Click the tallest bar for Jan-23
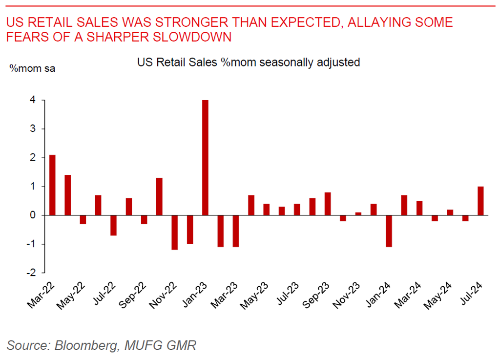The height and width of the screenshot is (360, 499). pos(206,157)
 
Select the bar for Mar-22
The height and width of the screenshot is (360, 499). pos(52,185)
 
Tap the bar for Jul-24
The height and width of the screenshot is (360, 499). pos(481,201)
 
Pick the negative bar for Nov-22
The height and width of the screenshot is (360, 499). pos(175,233)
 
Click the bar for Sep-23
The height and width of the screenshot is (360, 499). pos(328,204)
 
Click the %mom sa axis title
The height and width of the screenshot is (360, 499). pos(33,68)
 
